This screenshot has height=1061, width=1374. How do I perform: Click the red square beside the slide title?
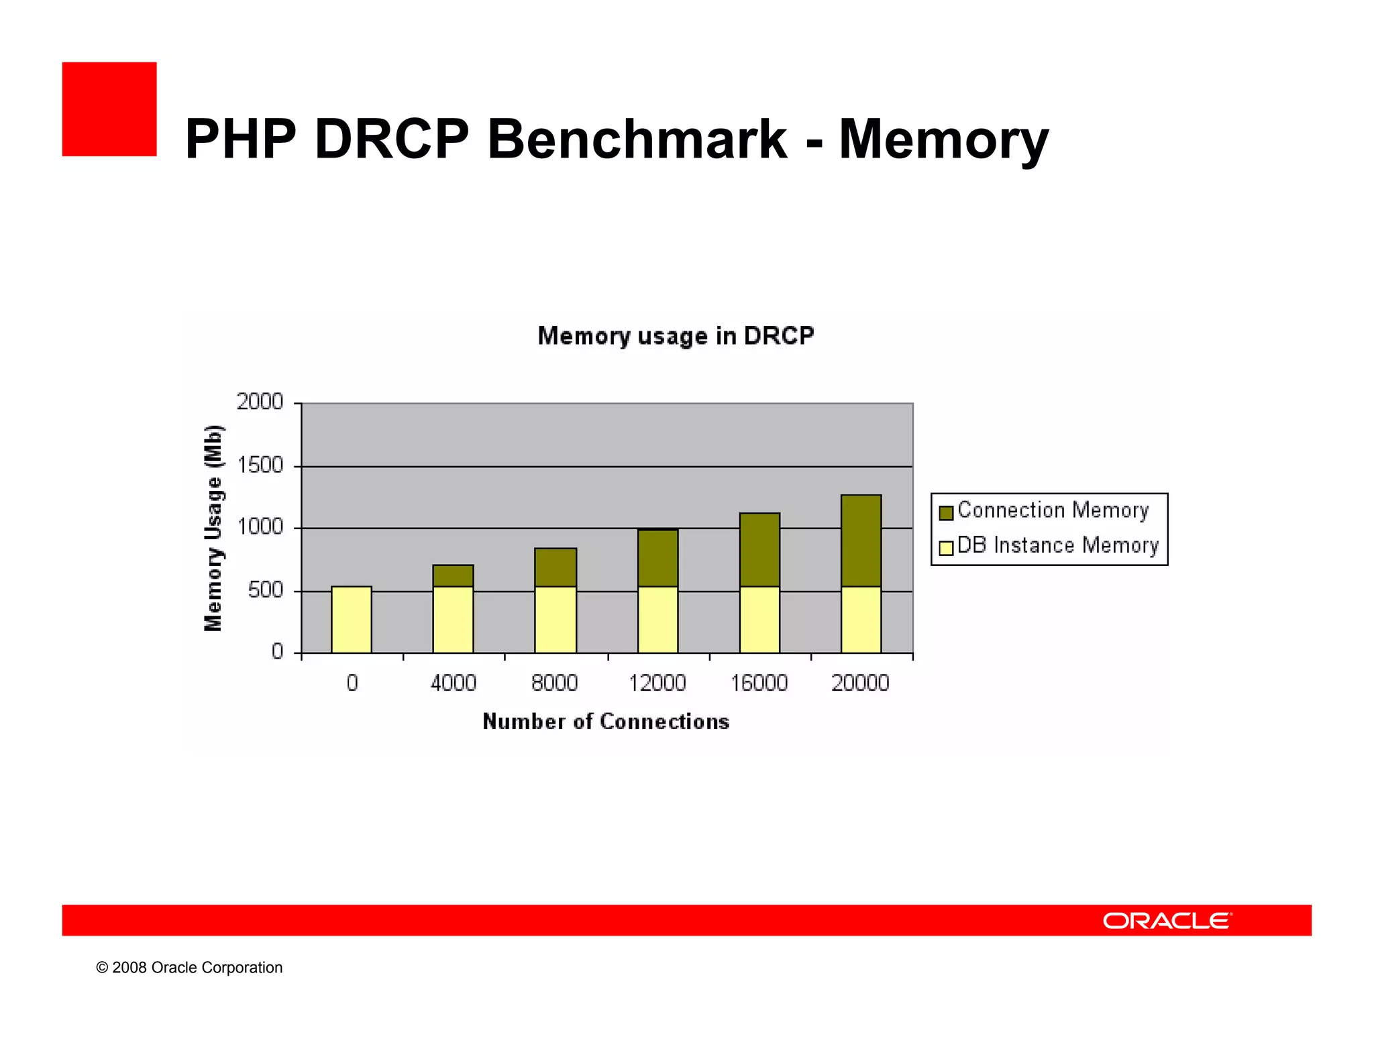[109, 109]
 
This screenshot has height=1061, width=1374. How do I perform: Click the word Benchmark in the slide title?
[637, 139]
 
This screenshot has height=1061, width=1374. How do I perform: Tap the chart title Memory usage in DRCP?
[676, 335]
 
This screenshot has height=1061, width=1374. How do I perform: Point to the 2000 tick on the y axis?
[260, 402]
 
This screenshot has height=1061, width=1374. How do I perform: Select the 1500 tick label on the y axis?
[260, 465]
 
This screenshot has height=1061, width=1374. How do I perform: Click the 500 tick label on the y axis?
[265, 590]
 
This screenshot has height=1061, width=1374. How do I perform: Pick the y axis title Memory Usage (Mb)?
[213, 528]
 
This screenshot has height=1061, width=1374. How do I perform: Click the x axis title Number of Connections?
[606, 722]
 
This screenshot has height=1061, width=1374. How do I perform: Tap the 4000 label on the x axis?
[454, 683]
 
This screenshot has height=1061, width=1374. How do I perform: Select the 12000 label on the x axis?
[657, 683]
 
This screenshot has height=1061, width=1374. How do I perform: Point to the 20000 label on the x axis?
[860, 683]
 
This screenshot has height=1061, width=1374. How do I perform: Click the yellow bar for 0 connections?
[352, 620]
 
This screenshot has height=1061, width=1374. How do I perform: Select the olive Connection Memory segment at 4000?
[454, 576]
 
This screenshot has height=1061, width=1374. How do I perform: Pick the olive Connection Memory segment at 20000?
[861, 541]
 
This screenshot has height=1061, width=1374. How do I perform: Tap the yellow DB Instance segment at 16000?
[759, 620]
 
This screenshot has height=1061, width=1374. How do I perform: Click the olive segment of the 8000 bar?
[556, 567]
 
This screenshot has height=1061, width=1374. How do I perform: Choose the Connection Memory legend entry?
[1052, 511]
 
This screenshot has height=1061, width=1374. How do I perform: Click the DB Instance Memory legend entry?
[1057, 546]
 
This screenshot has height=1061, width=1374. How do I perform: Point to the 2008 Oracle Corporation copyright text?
[189, 968]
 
